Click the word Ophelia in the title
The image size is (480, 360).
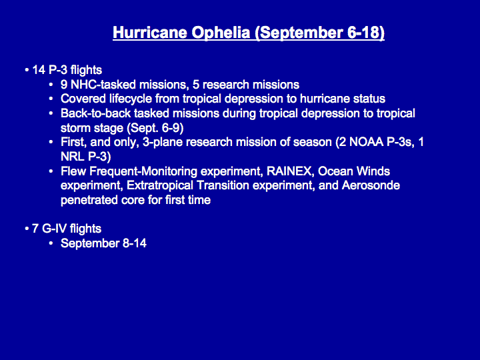pos(221,33)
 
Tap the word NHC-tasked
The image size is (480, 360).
pos(103,85)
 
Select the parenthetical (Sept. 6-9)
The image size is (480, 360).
pos(155,128)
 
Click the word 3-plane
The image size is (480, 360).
pos(162,143)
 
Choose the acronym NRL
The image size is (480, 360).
pos(73,157)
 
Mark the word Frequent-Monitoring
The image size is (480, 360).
pos(143,171)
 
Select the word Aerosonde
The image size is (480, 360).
pos(371,185)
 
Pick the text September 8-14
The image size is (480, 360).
pos(103,243)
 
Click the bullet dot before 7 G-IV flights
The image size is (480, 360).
pos(27,229)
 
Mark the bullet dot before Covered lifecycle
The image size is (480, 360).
pos(51,99)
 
